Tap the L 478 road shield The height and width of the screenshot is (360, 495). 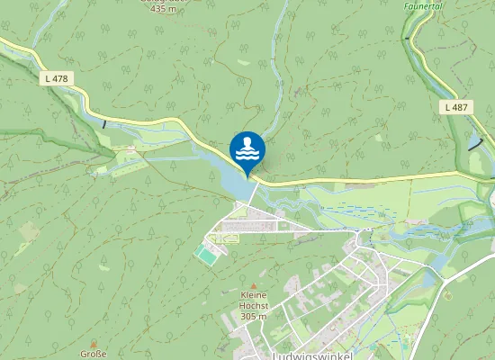pos(57,79)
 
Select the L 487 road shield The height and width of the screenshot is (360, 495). pos(457,107)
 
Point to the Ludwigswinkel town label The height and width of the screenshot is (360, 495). pos(311,355)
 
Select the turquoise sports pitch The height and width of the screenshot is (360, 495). pos(206,256)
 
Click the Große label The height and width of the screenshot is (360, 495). pos(93,353)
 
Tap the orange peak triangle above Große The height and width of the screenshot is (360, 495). pos(93,342)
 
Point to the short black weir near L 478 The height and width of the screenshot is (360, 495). pos(104,123)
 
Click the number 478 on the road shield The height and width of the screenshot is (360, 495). pos(60,79)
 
